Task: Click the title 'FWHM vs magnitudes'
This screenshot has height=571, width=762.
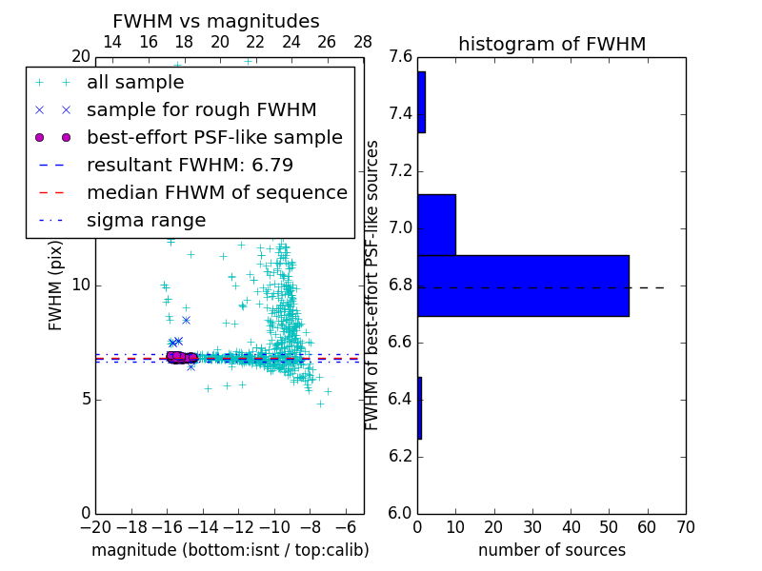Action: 216,21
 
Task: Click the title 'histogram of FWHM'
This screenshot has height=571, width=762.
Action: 551,44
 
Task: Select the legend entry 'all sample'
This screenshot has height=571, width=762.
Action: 135,83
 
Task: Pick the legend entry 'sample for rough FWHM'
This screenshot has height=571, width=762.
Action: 201,110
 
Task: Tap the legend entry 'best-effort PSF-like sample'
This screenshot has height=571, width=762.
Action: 214,138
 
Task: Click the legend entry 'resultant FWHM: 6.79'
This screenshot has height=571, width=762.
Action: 190,166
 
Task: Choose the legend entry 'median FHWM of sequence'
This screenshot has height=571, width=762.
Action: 216,193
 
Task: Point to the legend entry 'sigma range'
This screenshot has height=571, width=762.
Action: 146,221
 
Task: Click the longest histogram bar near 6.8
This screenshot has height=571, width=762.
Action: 523,285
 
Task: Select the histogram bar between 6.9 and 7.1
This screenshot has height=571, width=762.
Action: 436,225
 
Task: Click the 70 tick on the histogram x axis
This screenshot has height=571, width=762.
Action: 685,526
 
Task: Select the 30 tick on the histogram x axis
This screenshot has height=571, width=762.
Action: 532,526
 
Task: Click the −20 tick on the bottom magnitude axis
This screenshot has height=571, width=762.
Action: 95,526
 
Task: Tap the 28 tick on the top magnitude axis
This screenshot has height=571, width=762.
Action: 363,42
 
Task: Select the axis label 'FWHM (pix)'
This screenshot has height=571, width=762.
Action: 56,285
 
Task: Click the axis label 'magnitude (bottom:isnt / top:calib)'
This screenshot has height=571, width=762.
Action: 230,550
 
